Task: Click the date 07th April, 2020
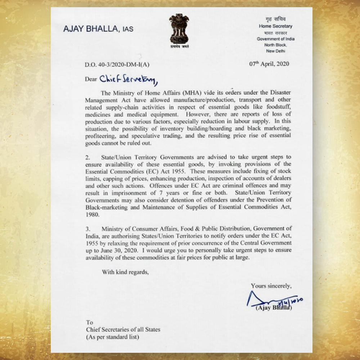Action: click(x=269, y=64)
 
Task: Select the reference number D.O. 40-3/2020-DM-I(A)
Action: click(x=117, y=65)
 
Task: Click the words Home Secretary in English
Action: click(x=275, y=26)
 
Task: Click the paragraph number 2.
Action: click(x=87, y=157)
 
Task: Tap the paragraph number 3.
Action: click(x=87, y=229)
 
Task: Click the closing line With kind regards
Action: click(x=125, y=272)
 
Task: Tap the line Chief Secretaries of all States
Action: click(x=123, y=329)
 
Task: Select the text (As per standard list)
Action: click(x=112, y=337)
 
